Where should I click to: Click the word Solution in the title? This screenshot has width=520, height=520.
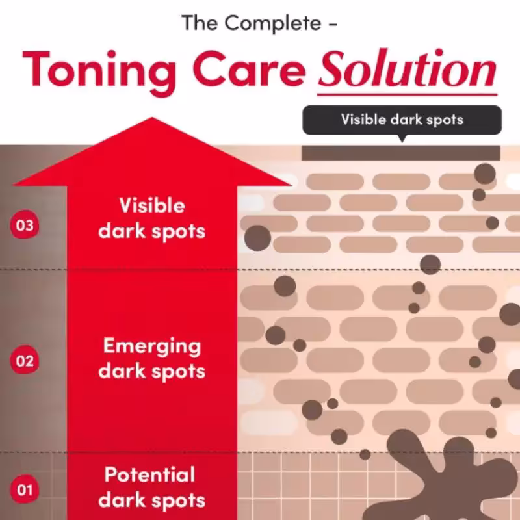pos(408,69)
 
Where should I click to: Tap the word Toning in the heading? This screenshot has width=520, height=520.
pos(99,72)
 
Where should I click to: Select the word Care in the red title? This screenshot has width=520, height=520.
pos(249,70)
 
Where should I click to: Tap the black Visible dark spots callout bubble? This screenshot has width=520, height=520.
pos(402,120)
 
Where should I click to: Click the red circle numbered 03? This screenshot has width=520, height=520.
pos(25,225)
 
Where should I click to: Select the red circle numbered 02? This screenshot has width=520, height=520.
pos(25,360)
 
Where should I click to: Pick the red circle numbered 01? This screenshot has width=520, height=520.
pos(25,489)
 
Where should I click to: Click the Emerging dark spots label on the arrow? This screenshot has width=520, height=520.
pos(152,358)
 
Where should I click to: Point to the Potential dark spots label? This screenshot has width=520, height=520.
pos(152,487)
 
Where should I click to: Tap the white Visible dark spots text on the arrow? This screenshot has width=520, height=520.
pos(152,218)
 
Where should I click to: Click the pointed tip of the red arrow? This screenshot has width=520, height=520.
pos(152,118)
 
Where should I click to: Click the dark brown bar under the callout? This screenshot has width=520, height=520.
pos(400,153)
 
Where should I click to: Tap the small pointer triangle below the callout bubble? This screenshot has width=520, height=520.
pos(402,138)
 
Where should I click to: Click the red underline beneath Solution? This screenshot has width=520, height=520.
pos(408,94)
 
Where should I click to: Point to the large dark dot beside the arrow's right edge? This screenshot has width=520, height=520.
pos(257,238)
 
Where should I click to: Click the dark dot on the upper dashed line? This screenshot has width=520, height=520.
pos(430,265)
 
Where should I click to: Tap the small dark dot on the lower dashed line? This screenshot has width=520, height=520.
pos(365,454)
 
